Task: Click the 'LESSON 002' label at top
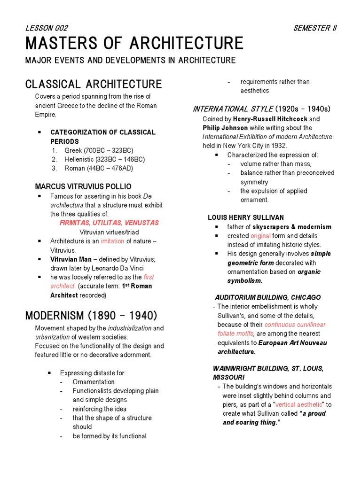point(47,28)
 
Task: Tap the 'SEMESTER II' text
point(314,28)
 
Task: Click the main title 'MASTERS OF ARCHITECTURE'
point(134,44)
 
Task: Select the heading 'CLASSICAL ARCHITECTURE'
point(93,85)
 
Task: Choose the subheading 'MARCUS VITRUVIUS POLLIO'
point(83,186)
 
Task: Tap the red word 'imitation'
point(112,241)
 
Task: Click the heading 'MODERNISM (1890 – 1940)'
point(91,315)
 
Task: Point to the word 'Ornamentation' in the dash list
point(94,382)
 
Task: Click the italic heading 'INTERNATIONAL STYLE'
point(233,109)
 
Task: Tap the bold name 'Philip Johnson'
point(226,128)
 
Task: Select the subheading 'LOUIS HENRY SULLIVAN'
point(246,217)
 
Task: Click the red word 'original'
point(260,236)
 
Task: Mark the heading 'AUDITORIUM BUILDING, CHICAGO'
point(268,297)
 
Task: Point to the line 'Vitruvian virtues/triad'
point(109,232)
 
